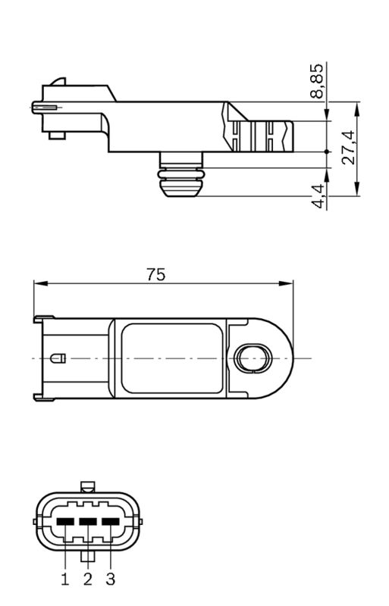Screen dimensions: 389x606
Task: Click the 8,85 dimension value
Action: point(318,81)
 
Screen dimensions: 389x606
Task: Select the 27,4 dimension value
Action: point(348,148)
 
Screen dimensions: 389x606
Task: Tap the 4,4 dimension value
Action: point(318,196)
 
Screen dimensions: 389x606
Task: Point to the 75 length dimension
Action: point(156,274)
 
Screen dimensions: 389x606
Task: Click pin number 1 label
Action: point(65,579)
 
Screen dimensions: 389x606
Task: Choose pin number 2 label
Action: point(88,579)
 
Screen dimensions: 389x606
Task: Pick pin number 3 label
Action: point(111,579)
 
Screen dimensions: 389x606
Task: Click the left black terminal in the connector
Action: point(65,521)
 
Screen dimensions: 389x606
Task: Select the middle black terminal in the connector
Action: point(88,521)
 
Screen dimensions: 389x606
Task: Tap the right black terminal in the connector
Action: point(111,521)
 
